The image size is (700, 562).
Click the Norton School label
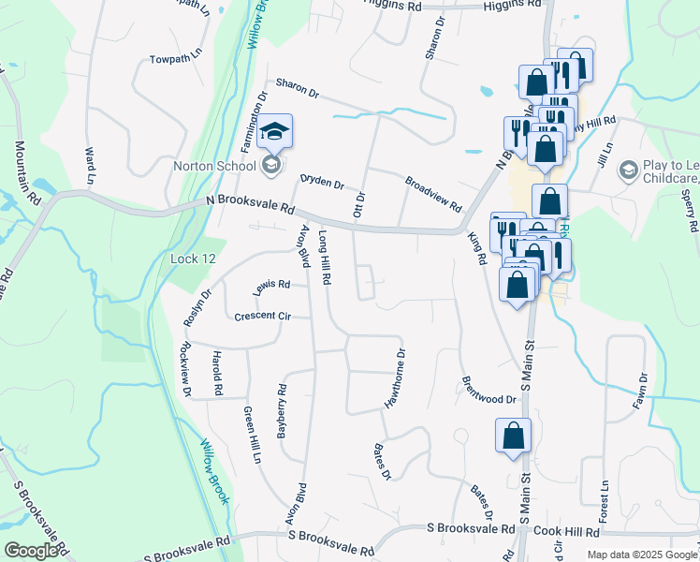(214, 167)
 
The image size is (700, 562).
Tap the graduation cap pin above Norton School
(274, 132)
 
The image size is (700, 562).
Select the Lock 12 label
(195, 258)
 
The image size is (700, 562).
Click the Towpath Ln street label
(177, 60)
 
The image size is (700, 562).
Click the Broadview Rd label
(434, 194)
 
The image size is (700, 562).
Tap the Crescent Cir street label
(264, 317)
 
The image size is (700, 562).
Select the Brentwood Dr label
(489, 391)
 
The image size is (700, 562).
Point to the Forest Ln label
(604, 502)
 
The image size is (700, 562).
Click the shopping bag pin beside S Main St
(513, 436)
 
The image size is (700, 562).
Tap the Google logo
(31, 552)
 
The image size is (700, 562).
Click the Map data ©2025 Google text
(642, 555)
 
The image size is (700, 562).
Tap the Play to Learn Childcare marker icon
(628, 170)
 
